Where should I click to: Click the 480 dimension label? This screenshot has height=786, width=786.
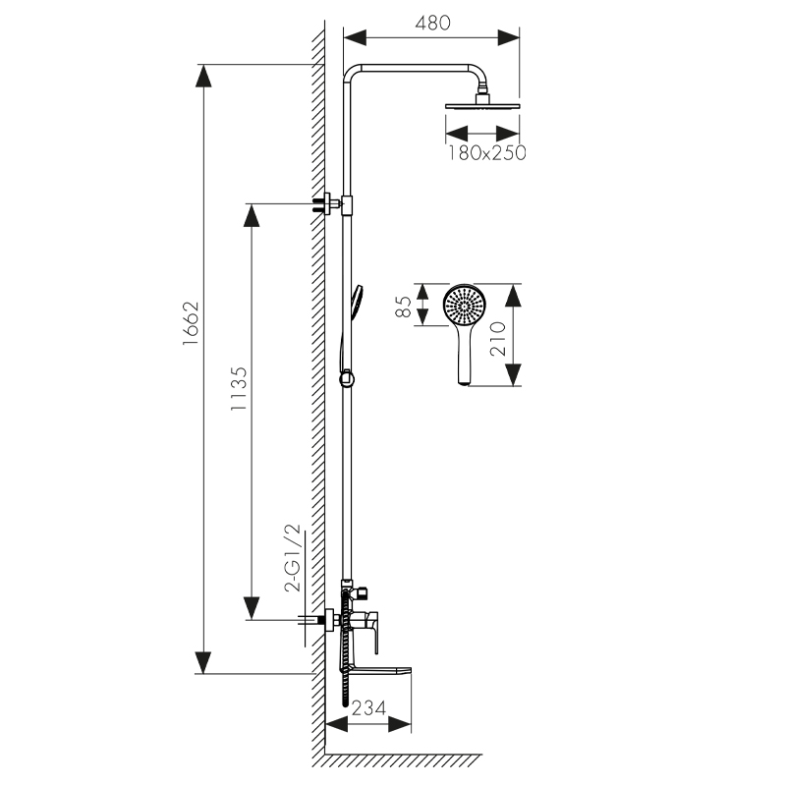coord(433,23)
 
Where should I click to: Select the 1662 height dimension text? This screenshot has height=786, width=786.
coord(191,323)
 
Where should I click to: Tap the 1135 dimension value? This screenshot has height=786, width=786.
coord(239,389)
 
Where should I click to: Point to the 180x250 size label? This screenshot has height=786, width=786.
coord(486,153)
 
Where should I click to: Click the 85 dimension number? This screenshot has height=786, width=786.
coord(404,307)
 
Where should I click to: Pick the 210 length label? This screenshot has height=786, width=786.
coord(498,339)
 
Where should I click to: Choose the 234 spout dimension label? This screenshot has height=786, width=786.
coord(369,708)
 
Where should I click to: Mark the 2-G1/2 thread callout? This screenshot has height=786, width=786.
coord(293,558)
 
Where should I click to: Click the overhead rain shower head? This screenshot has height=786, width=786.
coord(482,105)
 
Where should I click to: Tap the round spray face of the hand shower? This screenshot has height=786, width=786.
coord(465,306)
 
